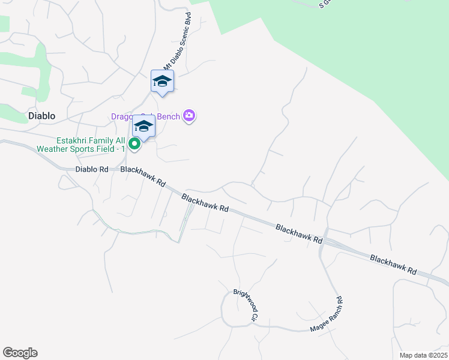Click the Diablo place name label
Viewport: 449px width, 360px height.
tap(41, 115)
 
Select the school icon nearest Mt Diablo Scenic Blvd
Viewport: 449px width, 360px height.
tap(162, 82)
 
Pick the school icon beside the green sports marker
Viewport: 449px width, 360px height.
tap(143, 127)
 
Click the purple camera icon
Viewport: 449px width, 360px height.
tap(190, 115)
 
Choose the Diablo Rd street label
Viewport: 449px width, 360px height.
tap(92, 169)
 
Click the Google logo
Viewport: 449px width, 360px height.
tap(20, 353)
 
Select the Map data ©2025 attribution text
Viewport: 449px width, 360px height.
tap(423, 355)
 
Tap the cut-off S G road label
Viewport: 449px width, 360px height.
tap(325, 4)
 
